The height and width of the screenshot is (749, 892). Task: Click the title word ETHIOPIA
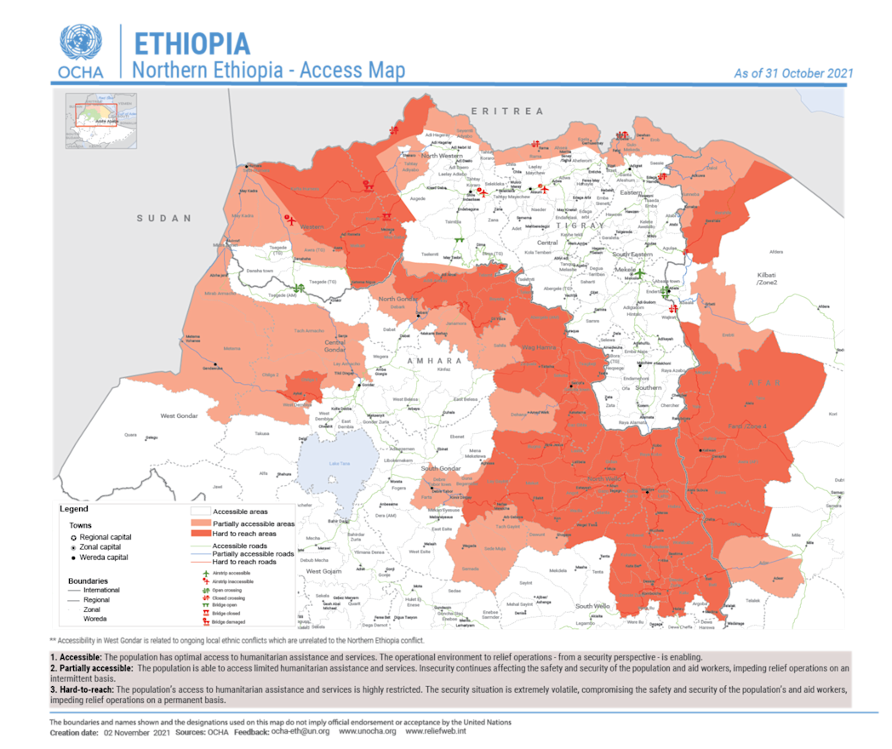[192, 43]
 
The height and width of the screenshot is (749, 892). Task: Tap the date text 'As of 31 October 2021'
[793, 74]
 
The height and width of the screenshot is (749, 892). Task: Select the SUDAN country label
[164, 219]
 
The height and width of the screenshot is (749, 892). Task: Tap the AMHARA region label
[433, 361]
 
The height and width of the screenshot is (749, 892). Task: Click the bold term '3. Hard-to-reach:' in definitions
[82, 689]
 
